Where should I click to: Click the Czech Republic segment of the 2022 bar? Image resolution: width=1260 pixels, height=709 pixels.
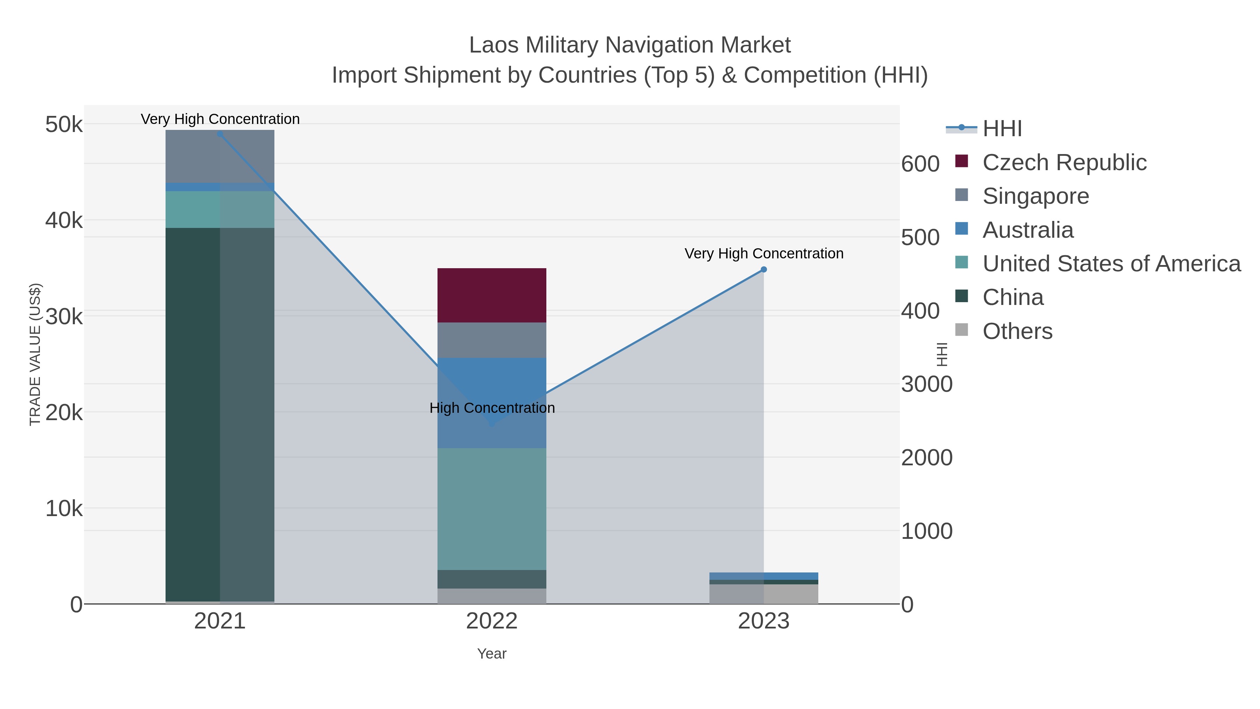[x=492, y=295]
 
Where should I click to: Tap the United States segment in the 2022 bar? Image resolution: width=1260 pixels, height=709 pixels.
[x=492, y=509]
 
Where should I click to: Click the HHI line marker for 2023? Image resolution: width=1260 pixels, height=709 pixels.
[x=764, y=270]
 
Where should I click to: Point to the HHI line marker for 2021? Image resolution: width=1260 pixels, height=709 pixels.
[x=219, y=134]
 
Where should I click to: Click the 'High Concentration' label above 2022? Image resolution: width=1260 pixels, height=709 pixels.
[x=492, y=408]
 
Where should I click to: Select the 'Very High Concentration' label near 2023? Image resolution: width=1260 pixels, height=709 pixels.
[x=764, y=253]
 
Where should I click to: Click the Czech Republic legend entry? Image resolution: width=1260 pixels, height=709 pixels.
[x=1064, y=162]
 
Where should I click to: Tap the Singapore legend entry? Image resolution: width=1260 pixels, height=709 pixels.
[x=1036, y=196]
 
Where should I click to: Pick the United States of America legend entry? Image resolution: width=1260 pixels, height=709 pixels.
[x=1111, y=264]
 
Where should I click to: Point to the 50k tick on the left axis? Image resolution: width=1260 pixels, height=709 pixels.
[x=64, y=124]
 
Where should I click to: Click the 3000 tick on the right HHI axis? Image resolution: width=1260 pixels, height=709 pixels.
[x=926, y=384]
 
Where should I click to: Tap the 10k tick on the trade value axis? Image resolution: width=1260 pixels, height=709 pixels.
[x=64, y=509]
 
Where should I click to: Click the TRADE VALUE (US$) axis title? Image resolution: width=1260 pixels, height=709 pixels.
[x=35, y=354]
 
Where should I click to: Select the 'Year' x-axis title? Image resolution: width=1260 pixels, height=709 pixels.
[x=492, y=654]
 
